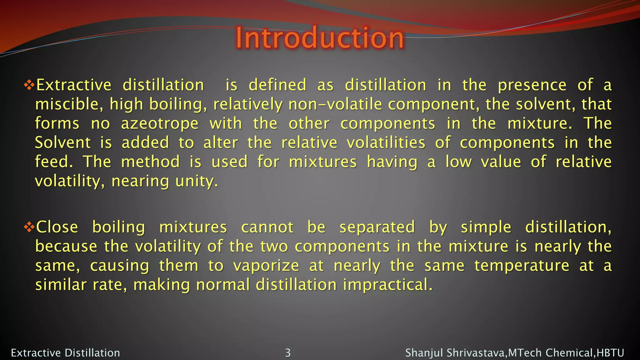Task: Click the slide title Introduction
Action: pos(319,38)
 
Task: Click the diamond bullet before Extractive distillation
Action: pos(29,85)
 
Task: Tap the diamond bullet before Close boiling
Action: pos(29,227)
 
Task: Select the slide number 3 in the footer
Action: pos(288,353)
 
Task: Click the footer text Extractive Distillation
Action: pos(65,353)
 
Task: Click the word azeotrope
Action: pos(160,124)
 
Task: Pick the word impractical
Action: pos(387,285)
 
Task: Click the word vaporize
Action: pos(266,266)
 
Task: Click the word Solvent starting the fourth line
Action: pos(63,143)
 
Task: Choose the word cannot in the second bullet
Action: pos(267,227)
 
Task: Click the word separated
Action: pos(377,227)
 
